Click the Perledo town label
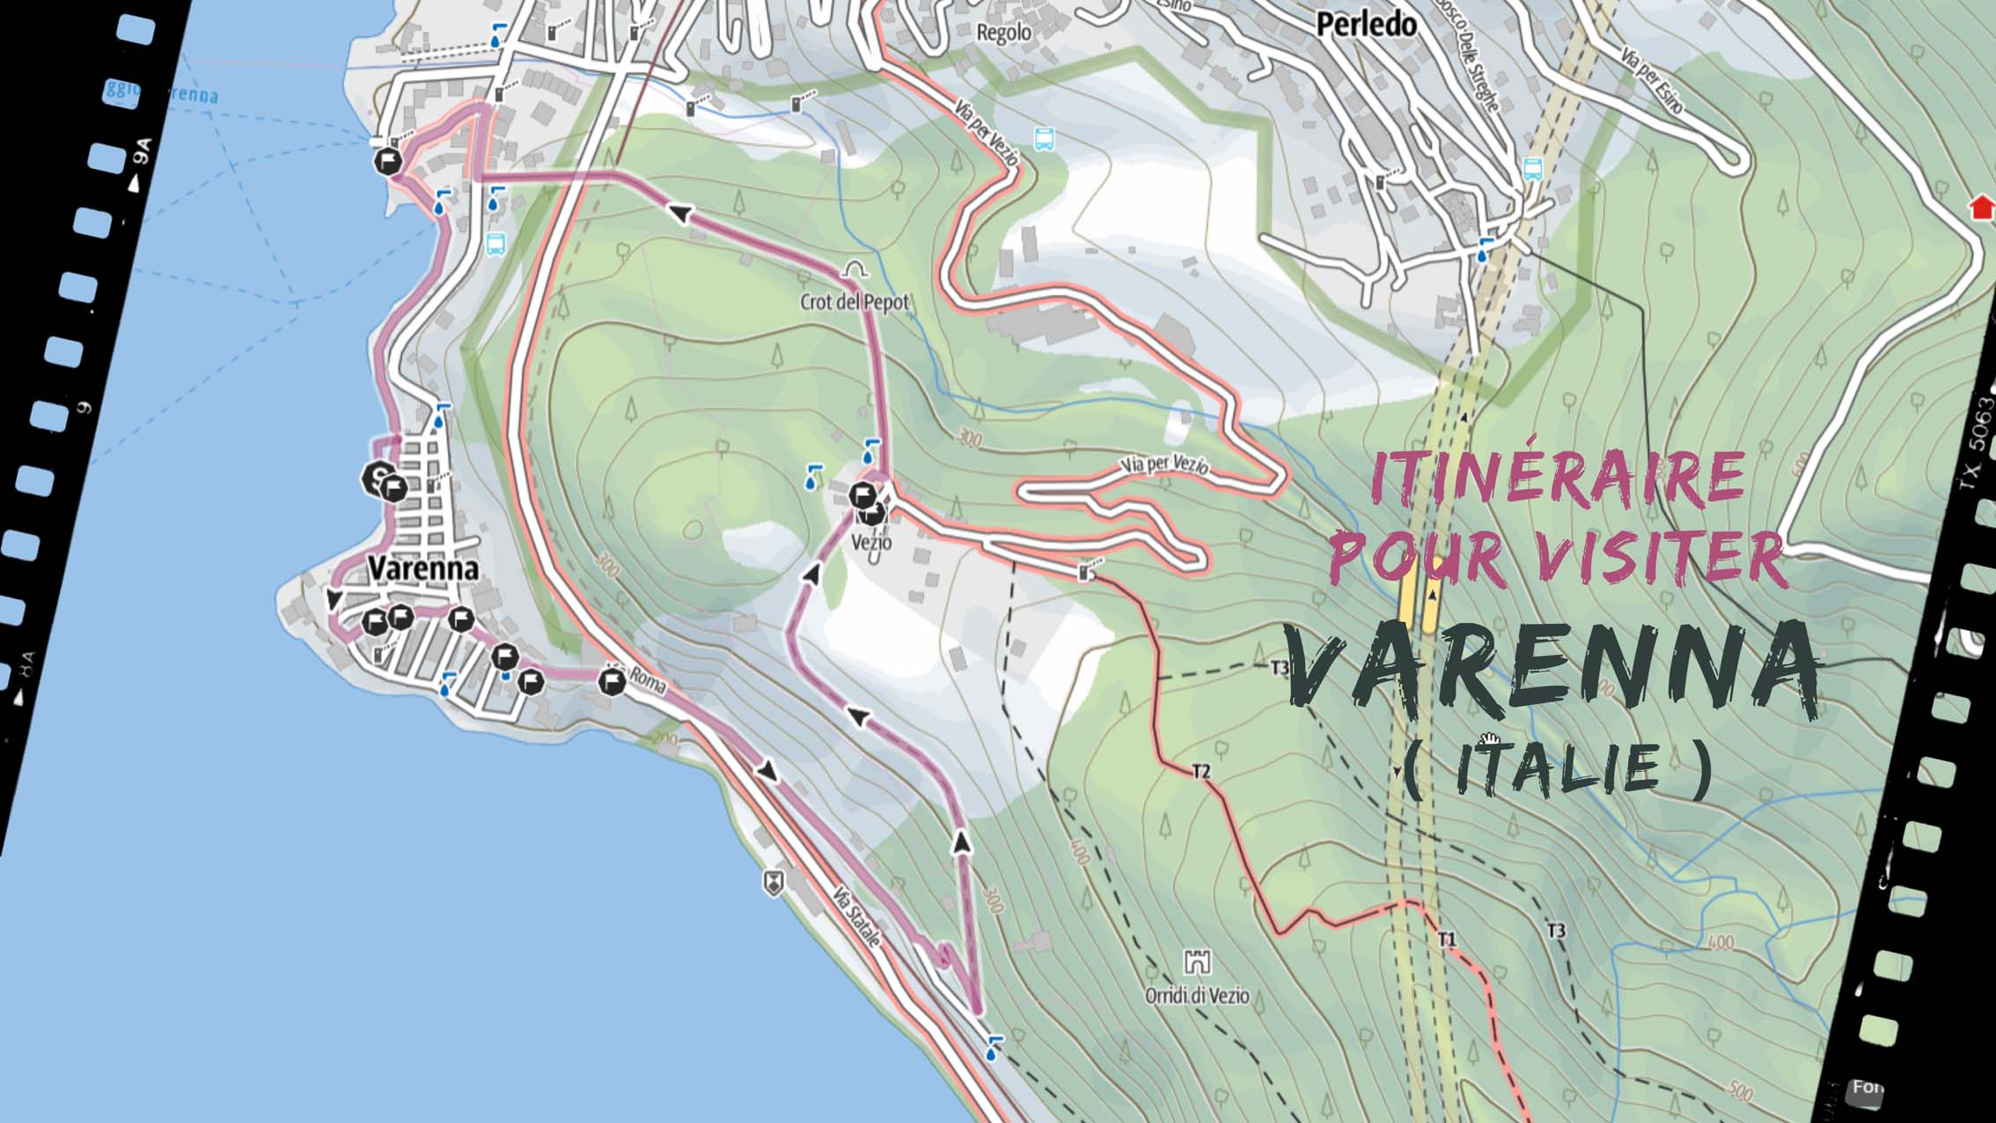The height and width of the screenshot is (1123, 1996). click(x=1366, y=25)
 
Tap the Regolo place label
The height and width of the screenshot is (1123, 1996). click(x=1003, y=33)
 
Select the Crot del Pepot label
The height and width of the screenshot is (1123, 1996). click(x=854, y=302)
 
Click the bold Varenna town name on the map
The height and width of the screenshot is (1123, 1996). click(x=423, y=569)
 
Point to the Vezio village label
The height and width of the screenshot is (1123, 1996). click(x=871, y=543)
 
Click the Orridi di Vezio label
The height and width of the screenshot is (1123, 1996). click(x=1196, y=995)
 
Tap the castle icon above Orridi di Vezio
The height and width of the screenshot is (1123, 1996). click(x=1197, y=962)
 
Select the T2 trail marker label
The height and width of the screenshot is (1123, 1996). click(x=1201, y=772)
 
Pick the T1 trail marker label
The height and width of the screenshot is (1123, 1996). click(x=1447, y=940)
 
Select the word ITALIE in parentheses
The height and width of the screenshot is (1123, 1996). click(x=1557, y=768)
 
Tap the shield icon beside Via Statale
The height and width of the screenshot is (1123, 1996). click(x=773, y=883)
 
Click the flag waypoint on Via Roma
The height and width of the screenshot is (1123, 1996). click(x=612, y=681)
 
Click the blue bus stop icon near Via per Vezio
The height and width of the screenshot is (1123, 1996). click(x=1044, y=138)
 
